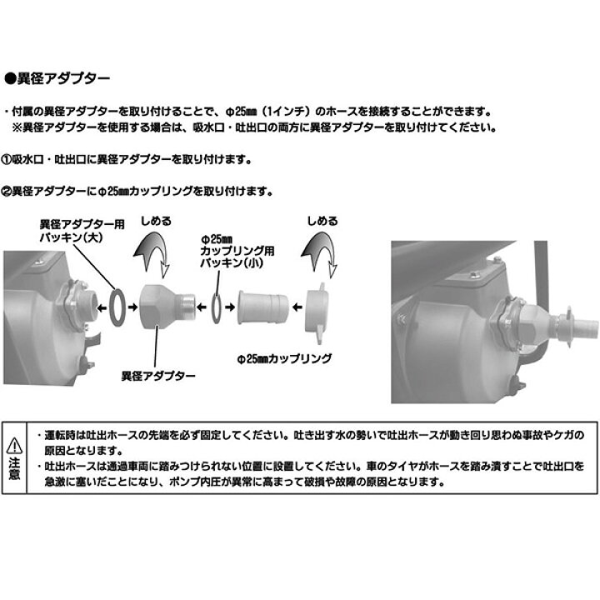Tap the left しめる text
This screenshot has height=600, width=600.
157,222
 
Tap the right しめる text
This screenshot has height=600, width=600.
322,222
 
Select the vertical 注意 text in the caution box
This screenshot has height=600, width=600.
17,469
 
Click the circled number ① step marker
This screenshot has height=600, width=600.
11,158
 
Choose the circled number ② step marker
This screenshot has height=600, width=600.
11,190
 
